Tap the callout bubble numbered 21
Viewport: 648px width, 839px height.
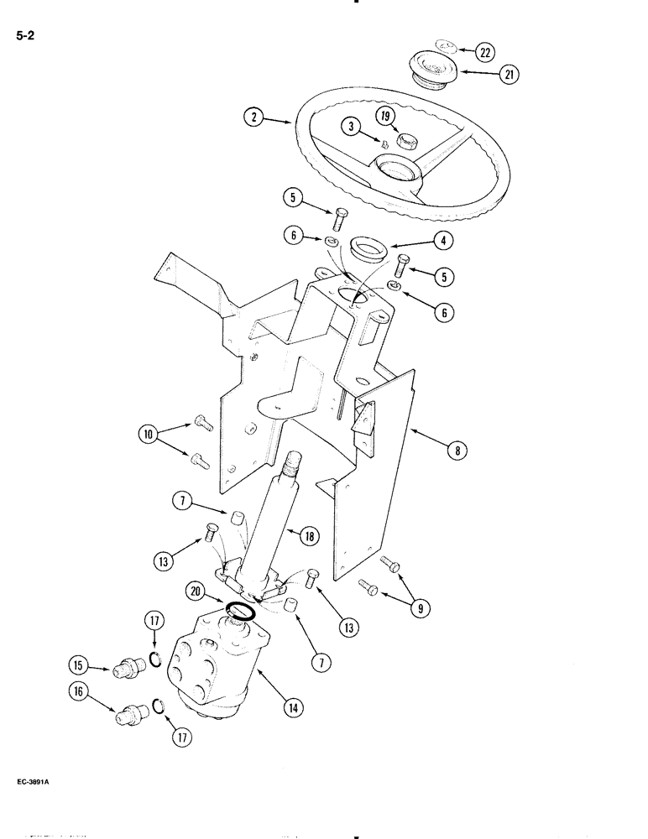[508, 75]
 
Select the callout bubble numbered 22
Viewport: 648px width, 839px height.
[484, 51]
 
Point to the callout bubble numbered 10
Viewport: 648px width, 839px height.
[149, 435]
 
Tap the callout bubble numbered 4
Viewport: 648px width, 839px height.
[444, 241]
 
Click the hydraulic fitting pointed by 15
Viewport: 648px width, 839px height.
[124, 668]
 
